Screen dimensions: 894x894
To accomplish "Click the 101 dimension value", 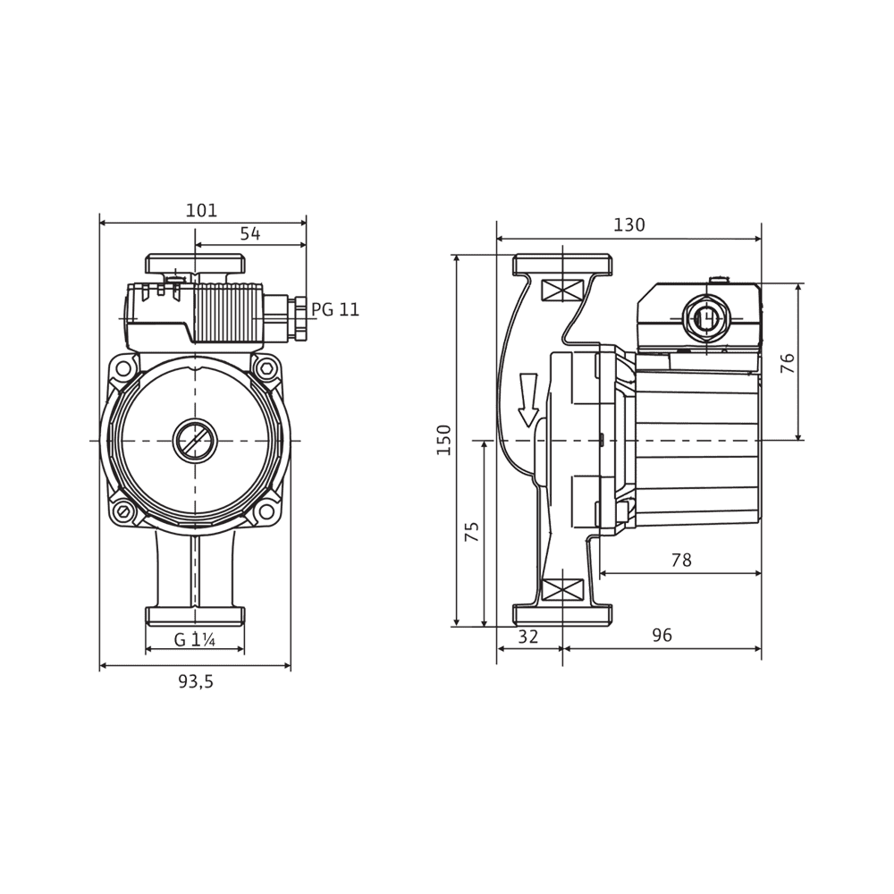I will (201, 211).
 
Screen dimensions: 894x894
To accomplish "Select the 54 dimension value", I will (250, 234).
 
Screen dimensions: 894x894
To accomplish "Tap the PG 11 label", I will (335, 310).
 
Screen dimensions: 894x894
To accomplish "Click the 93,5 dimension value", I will (196, 682).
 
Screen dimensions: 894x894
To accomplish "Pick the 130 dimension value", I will (628, 225).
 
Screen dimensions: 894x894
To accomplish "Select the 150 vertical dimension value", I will (444, 440).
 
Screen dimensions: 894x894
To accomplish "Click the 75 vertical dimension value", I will (472, 533).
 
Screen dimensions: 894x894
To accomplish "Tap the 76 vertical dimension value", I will (788, 362).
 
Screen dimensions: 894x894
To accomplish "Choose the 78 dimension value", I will (681, 561).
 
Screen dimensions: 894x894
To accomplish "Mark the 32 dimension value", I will (528, 637).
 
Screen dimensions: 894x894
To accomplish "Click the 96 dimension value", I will (662, 637).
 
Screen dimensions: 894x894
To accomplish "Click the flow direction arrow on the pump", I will (528, 399).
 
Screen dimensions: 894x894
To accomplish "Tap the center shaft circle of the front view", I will (194, 440).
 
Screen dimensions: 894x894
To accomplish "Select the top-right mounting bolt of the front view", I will (266, 367).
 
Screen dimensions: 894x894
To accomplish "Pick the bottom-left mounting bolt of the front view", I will (123, 513).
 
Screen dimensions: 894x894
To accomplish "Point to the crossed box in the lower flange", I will (562, 590).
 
